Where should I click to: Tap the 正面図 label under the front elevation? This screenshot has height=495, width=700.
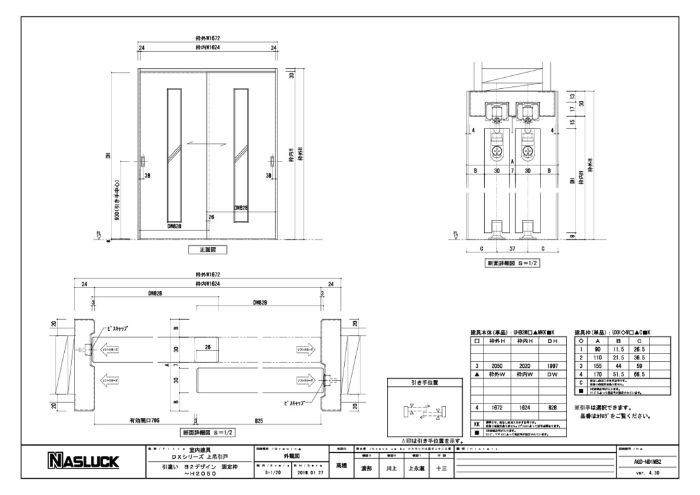(x=207, y=249)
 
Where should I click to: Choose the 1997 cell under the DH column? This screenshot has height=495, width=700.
(x=552, y=366)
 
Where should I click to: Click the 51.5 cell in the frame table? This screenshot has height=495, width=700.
(x=618, y=374)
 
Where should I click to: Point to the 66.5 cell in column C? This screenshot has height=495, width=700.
(x=639, y=374)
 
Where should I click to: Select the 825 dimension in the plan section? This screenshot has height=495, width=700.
(x=258, y=420)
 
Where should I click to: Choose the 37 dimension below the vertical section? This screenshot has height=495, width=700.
(x=512, y=248)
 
